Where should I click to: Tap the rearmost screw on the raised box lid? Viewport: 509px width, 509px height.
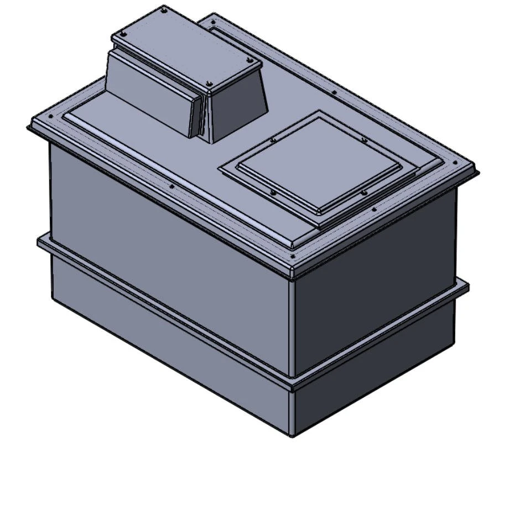point(165,9)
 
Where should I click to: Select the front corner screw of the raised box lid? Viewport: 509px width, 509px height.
point(209,84)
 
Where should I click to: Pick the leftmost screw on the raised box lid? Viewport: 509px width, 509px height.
point(123,34)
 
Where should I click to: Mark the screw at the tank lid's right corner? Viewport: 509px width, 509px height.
point(455,163)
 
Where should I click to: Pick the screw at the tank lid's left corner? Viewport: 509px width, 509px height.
point(51,117)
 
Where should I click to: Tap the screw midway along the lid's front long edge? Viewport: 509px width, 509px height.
point(172,186)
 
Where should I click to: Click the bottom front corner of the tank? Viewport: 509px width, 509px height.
point(293,435)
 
